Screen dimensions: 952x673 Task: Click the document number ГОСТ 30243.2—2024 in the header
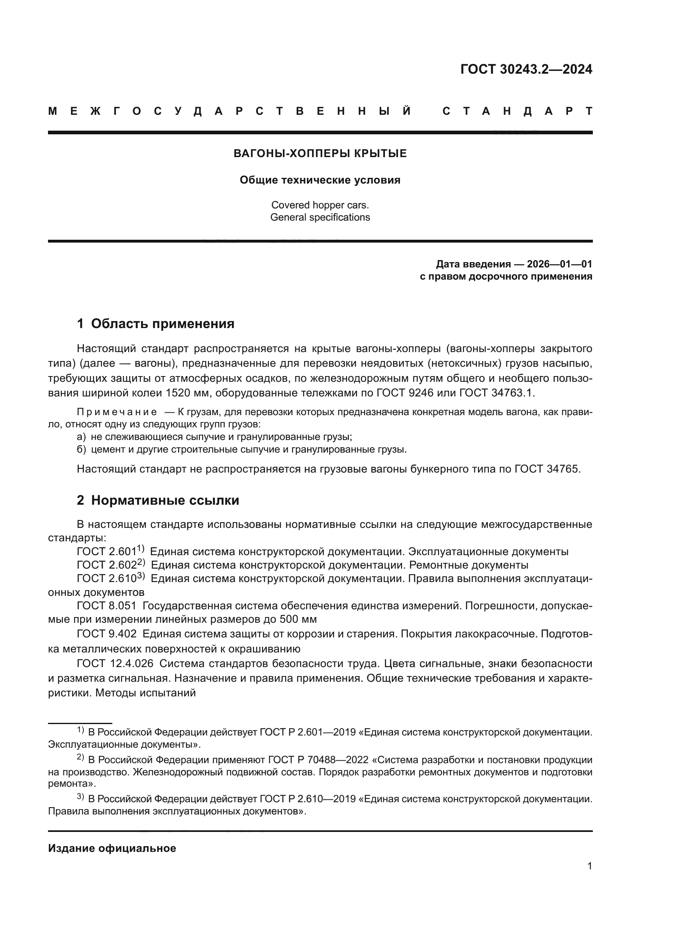click(x=526, y=69)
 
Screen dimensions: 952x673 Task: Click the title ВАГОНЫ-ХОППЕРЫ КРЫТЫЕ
click(x=320, y=154)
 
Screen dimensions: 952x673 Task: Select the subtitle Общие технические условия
click(x=320, y=180)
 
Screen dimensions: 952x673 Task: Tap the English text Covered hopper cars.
click(x=320, y=205)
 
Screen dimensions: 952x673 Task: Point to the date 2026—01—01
click(x=559, y=265)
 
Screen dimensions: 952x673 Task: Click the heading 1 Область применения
click(x=156, y=324)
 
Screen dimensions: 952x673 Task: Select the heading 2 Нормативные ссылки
click(x=158, y=501)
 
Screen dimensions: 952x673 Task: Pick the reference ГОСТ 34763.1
click(x=497, y=393)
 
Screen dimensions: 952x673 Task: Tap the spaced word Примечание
click(x=117, y=412)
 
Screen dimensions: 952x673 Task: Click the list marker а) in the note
click(x=81, y=437)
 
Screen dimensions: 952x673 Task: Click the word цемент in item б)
click(x=106, y=449)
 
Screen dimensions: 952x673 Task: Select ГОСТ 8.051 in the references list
click(x=107, y=606)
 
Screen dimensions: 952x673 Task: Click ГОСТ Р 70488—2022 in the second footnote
click(x=318, y=760)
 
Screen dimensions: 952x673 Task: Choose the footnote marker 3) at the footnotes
click(x=81, y=797)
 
